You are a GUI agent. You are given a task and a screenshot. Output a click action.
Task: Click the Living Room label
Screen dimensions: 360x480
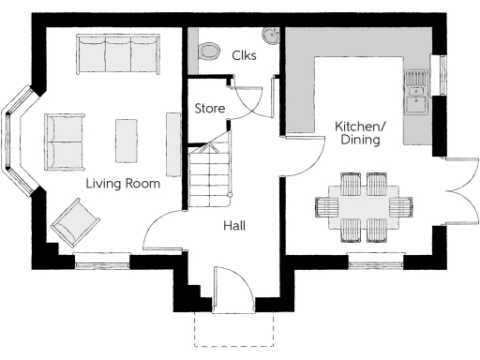(122, 184)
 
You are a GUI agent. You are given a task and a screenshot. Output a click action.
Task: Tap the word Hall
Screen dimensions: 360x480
(234, 226)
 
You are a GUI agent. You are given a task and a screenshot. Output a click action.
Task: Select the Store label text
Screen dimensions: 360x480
(209, 109)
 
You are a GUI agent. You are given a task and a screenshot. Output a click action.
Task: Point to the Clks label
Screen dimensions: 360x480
(244, 55)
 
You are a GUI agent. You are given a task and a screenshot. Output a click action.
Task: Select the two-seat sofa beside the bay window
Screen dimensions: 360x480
(64, 142)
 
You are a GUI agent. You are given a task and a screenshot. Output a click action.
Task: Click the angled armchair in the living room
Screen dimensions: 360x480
(75, 223)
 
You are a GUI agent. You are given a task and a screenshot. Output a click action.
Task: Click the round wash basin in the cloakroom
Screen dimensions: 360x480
(272, 37)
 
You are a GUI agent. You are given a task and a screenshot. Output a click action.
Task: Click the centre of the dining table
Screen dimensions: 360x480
(364, 205)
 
